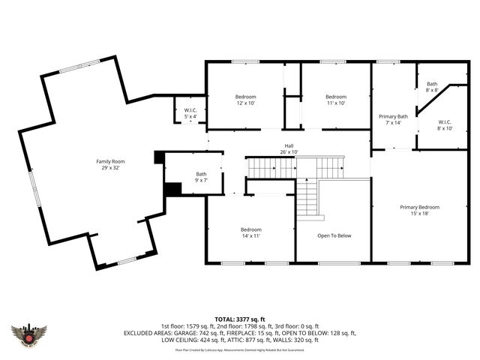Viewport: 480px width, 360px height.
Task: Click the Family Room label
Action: click(x=109, y=161)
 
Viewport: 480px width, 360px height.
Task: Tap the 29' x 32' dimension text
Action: click(x=109, y=168)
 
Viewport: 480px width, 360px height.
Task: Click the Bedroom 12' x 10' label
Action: click(x=245, y=97)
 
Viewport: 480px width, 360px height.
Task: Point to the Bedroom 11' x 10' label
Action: click(x=335, y=97)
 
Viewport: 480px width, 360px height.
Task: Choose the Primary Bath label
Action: click(x=393, y=116)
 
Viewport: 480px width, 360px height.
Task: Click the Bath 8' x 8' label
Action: click(x=432, y=87)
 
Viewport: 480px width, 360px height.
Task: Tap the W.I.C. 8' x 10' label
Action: click(x=445, y=124)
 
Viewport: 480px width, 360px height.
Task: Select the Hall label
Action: click(x=289, y=145)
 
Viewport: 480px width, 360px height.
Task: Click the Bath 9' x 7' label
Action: click(x=201, y=177)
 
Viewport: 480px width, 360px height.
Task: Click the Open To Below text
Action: click(x=334, y=235)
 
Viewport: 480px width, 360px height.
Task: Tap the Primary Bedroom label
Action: click(x=419, y=207)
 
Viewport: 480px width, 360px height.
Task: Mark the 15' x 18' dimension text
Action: click(x=419, y=214)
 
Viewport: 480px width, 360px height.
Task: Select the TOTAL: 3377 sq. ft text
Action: click(x=239, y=319)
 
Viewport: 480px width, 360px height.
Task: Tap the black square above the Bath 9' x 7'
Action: click(x=158, y=157)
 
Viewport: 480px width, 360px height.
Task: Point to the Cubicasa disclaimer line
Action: click(x=239, y=349)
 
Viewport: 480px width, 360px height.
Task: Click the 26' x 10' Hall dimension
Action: click(x=289, y=151)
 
